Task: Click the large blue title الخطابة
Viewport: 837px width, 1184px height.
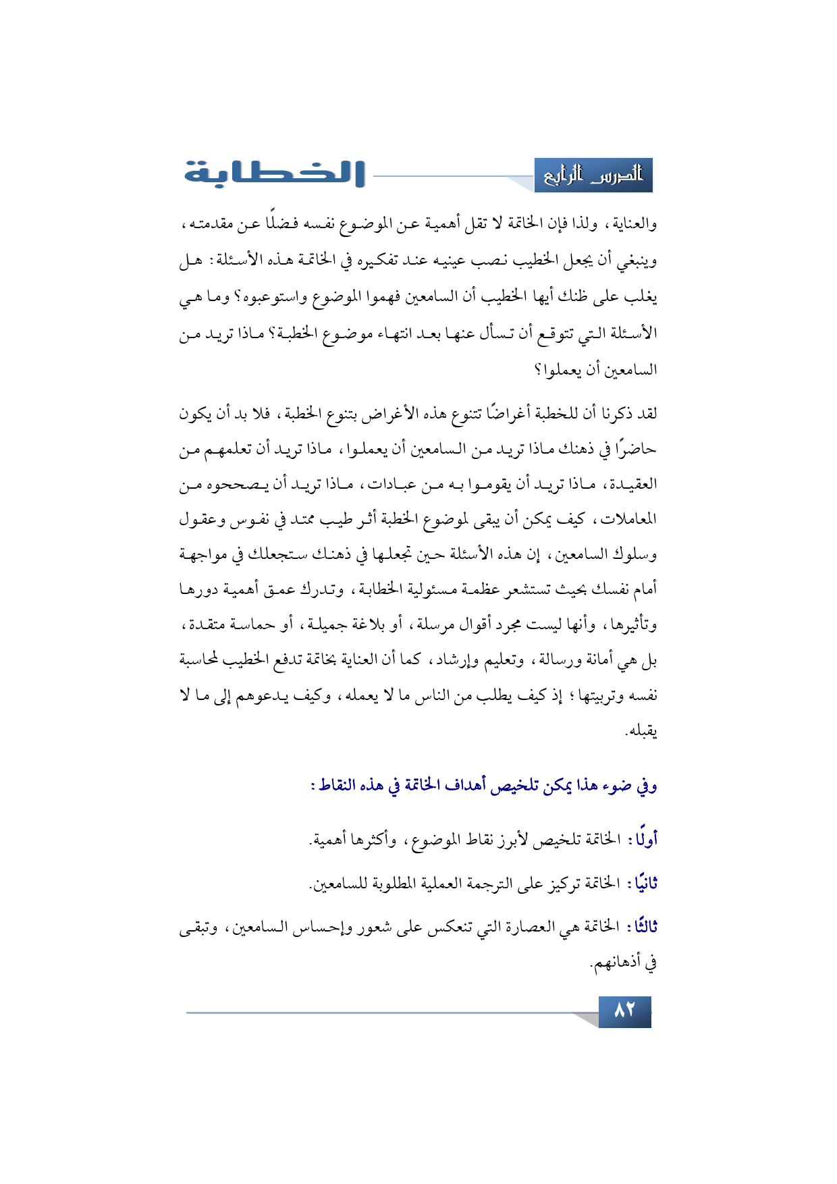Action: [275, 173]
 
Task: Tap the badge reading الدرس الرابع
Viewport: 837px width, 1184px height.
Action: [593, 176]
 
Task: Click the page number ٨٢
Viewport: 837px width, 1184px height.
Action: [624, 1011]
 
